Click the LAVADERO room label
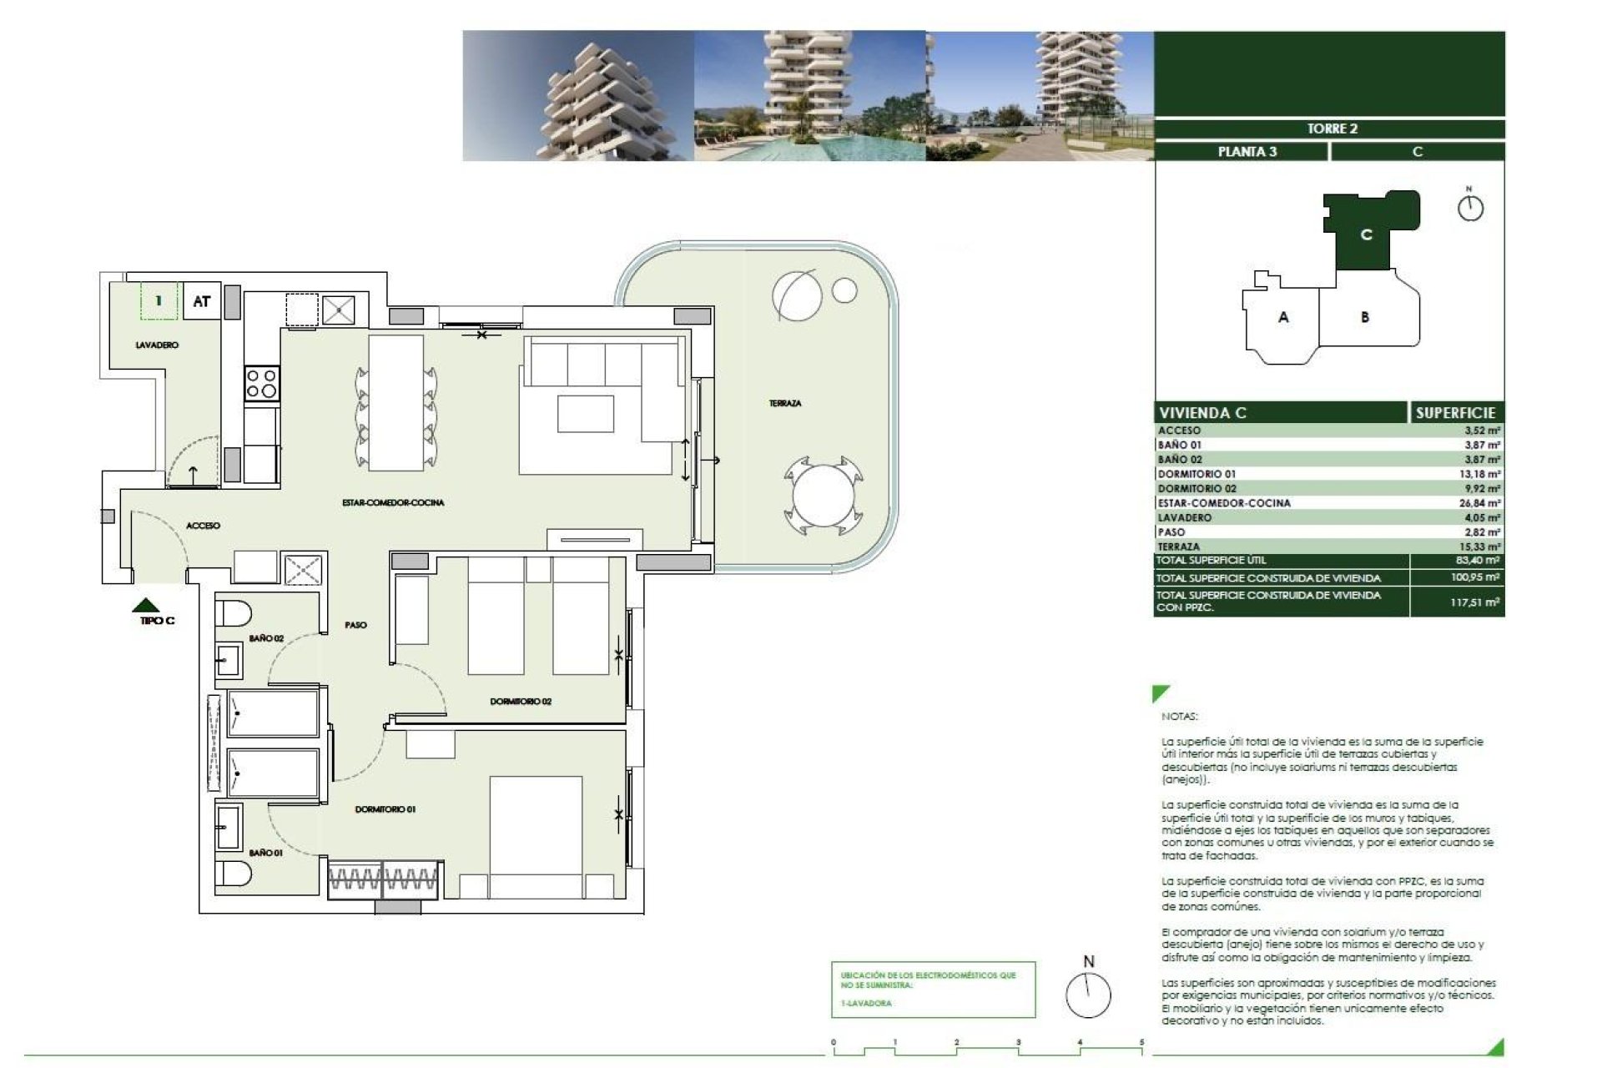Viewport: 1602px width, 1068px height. (157, 345)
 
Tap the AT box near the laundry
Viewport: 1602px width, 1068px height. (201, 301)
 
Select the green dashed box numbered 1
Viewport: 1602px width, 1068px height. (159, 301)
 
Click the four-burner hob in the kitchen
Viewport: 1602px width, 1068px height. (261, 385)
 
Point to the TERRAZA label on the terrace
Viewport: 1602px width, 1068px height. (784, 403)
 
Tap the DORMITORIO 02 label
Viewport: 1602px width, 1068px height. (521, 702)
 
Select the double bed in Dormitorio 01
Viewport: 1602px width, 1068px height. (536, 837)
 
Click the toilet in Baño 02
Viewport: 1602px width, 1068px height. (233, 613)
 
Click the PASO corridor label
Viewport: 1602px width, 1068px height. (355, 625)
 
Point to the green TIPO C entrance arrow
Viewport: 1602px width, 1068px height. (147, 605)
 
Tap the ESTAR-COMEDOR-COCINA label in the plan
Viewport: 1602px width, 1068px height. (393, 502)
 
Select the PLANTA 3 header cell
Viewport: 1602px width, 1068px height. (1247, 152)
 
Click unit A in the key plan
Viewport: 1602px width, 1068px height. (1283, 317)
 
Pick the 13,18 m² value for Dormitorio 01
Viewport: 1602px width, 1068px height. (1482, 474)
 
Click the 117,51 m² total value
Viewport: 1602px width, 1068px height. (1475, 602)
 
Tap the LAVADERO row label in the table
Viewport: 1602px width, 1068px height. (1184, 517)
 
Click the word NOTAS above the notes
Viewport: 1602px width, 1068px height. (1178, 717)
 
